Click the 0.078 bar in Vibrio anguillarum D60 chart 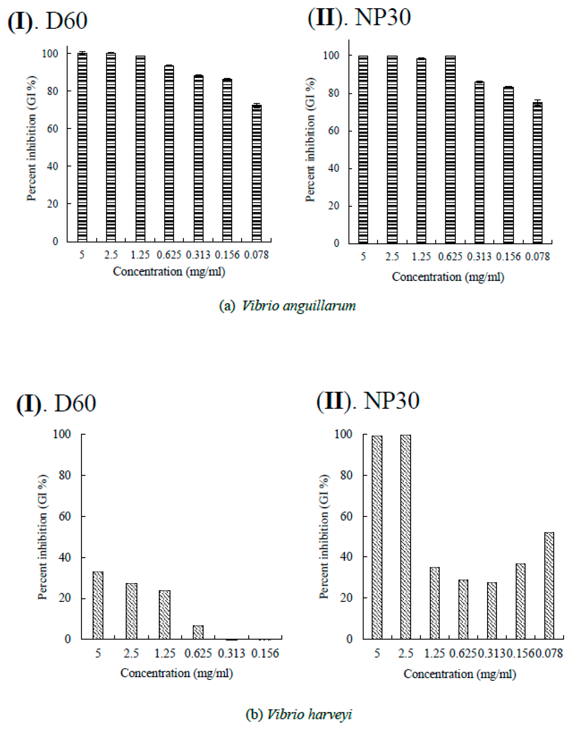[x=257, y=173]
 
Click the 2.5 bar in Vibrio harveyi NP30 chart [x=406, y=537]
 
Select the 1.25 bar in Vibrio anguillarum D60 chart [x=140, y=149]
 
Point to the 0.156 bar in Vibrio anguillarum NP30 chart [x=508, y=165]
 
